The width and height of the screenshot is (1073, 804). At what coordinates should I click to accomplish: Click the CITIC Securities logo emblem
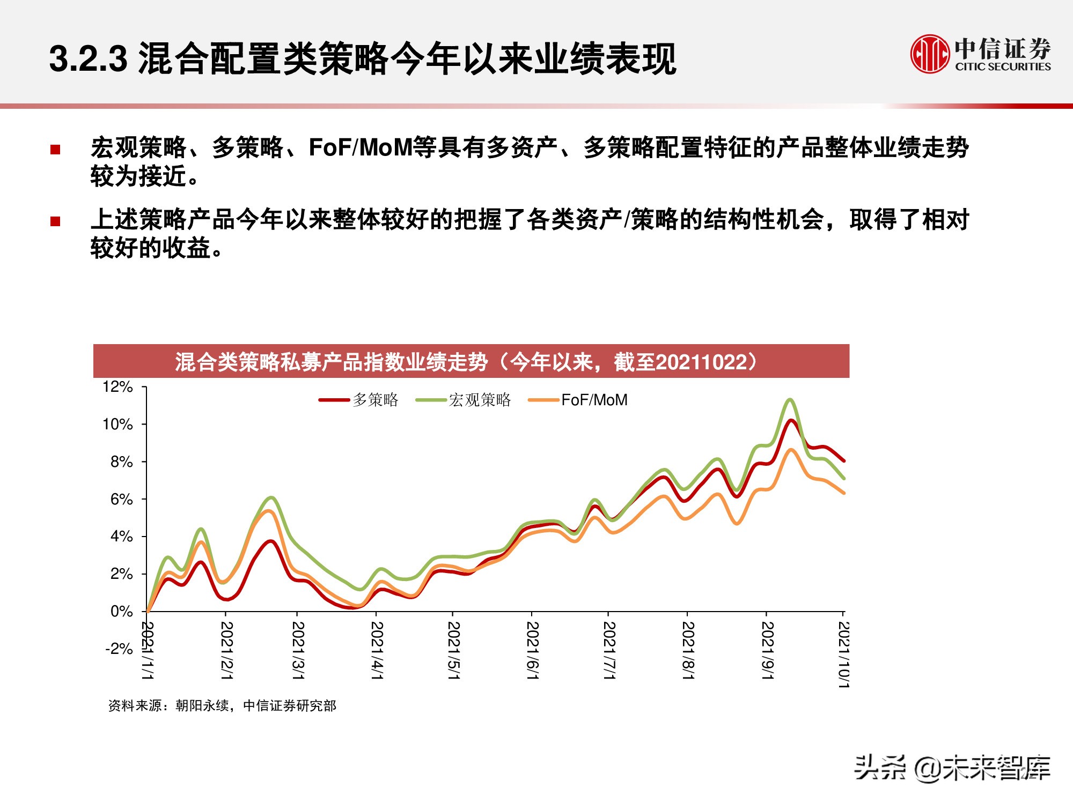pyautogui.click(x=930, y=54)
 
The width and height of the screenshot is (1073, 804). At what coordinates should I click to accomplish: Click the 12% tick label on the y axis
pyautogui.click(x=117, y=387)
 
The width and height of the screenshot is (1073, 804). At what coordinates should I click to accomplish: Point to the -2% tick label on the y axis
pyautogui.click(x=119, y=649)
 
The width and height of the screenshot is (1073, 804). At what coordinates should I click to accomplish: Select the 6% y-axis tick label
pyautogui.click(x=121, y=500)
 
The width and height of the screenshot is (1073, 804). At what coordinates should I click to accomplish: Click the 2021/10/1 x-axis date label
pyautogui.click(x=844, y=654)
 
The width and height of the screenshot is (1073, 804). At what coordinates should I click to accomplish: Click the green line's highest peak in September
pyautogui.click(x=790, y=399)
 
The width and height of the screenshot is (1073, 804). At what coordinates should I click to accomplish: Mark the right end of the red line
pyautogui.click(x=844, y=460)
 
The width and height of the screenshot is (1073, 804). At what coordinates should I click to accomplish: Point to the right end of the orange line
pyautogui.click(x=844, y=493)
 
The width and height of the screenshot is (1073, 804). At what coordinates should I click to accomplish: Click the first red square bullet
pyautogui.click(x=55, y=150)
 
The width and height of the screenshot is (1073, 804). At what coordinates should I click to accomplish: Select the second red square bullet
pyautogui.click(x=55, y=221)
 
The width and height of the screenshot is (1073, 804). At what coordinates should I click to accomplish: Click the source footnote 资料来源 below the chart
pyautogui.click(x=222, y=706)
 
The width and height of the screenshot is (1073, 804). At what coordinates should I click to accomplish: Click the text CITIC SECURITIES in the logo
pyautogui.click(x=1003, y=67)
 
